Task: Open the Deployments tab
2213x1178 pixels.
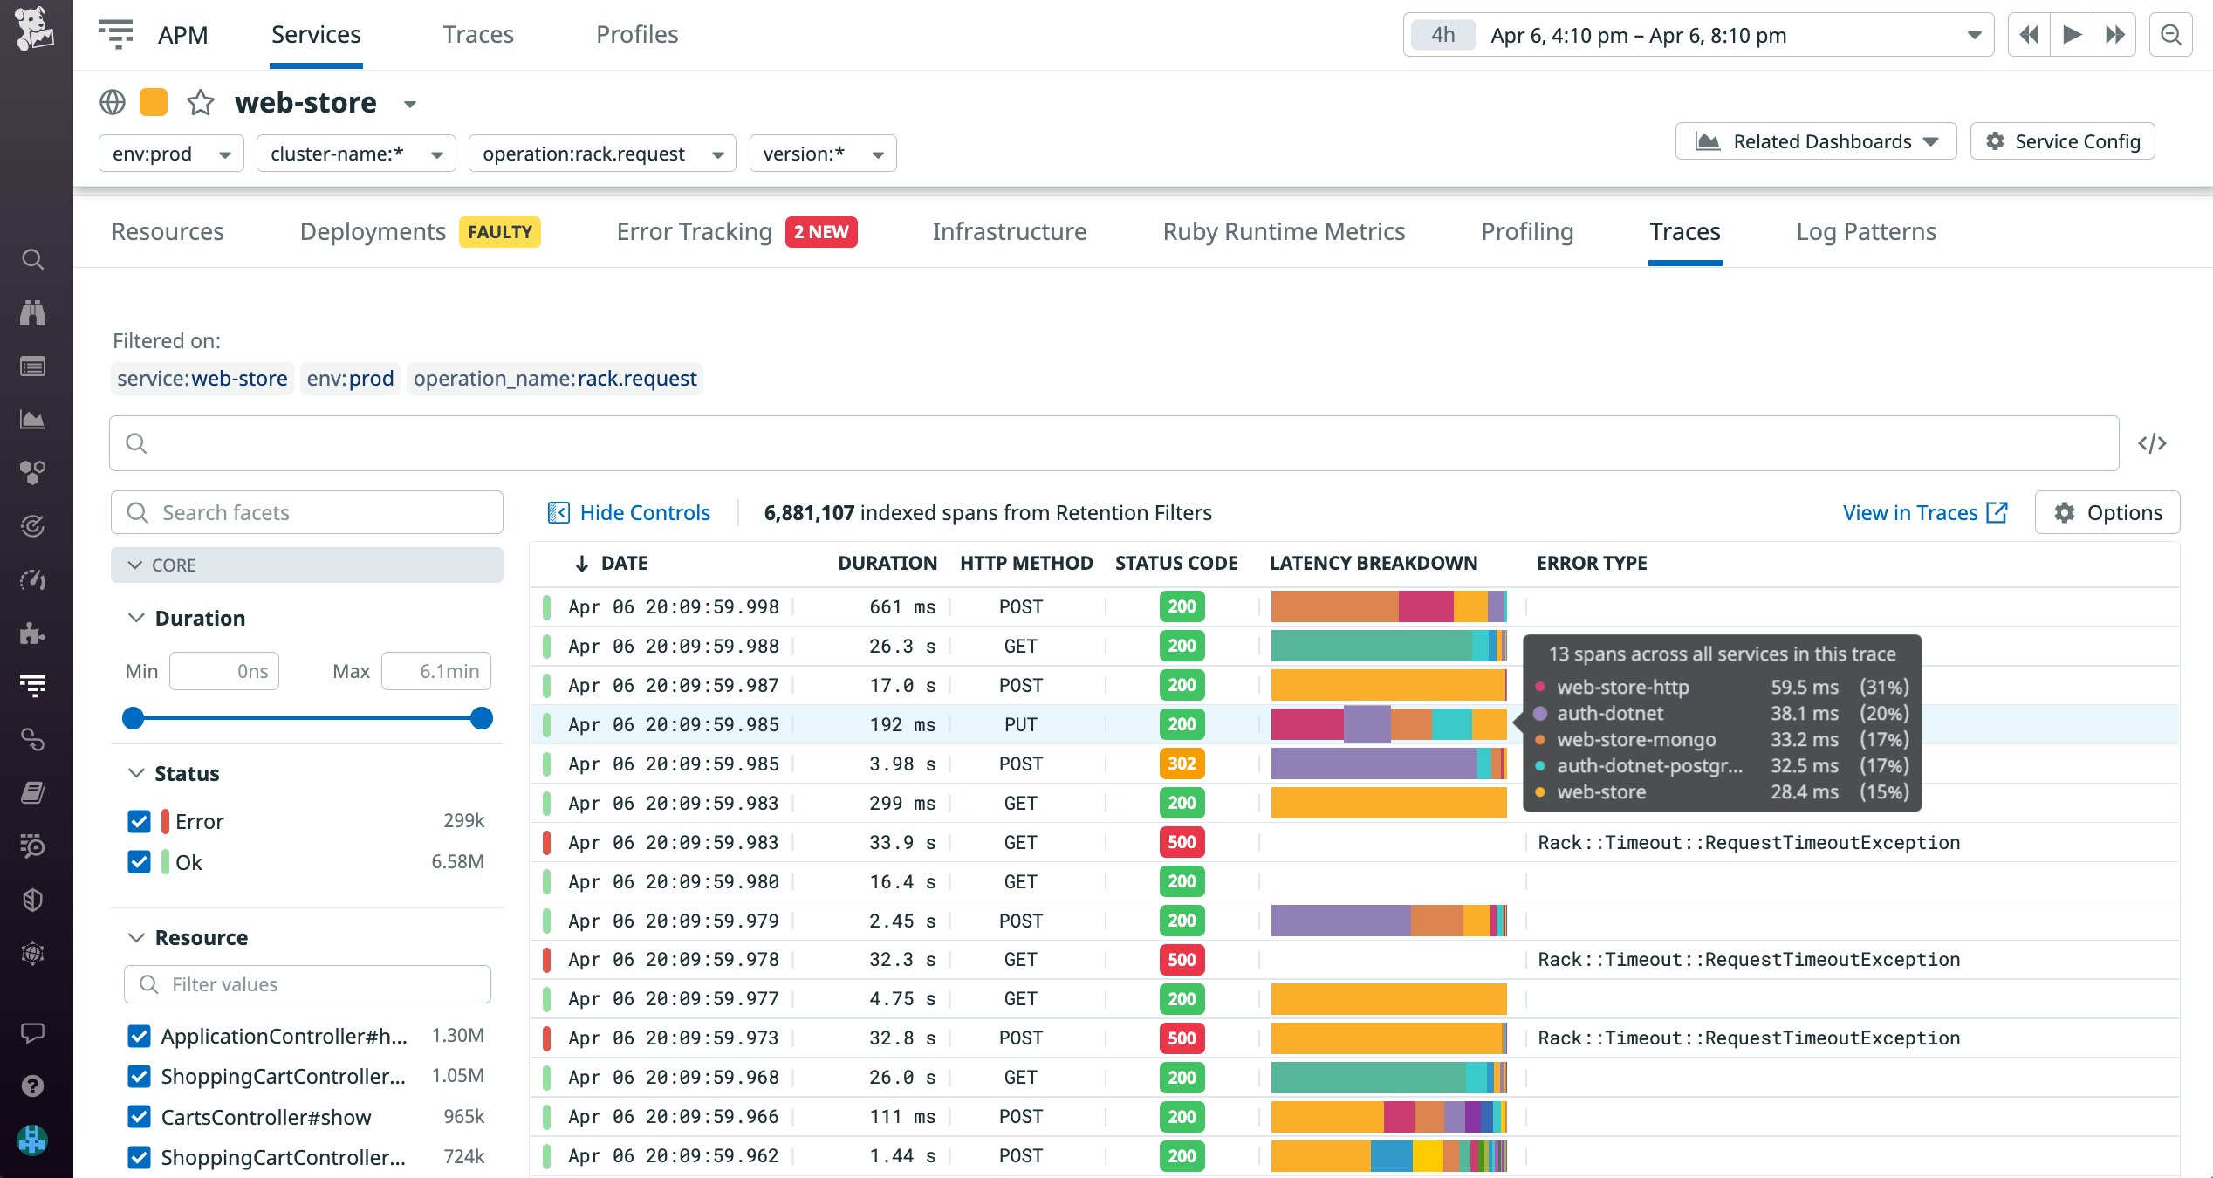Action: click(x=373, y=231)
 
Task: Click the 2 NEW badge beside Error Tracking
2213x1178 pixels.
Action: click(x=820, y=232)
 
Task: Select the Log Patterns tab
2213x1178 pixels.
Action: click(x=1866, y=231)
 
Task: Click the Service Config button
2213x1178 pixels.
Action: click(x=2062, y=141)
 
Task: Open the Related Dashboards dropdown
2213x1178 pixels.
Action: click(x=1815, y=141)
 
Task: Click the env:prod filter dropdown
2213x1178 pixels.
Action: click(x=171, y=154)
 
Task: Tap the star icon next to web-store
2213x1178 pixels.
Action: click(x=201, y=103)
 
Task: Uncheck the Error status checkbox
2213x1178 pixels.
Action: click(x=139, y=821)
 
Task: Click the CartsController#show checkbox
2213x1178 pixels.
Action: click(x=139, y=1117)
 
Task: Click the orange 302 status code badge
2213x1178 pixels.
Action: click(x=1182, y=764)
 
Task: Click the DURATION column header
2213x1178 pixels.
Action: click(x=887, y=563)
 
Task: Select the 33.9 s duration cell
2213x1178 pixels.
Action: click(x=901, y=842)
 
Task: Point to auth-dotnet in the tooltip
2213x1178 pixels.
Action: click(x=1609, y=713)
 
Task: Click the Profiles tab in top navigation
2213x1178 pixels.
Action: click(x=636, y=35)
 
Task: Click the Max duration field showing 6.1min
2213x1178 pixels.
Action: click(x=436, y=671)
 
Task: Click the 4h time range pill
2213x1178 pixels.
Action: click(x=1442, y=35)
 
